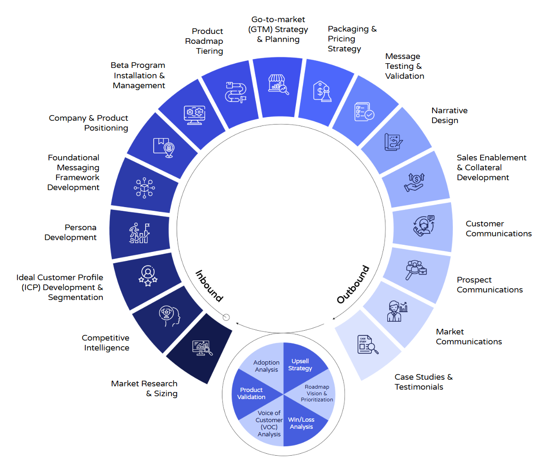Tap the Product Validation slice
click(252, 393)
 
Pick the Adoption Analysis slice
click(267, 366)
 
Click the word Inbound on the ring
click(209, 285)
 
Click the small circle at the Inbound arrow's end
click(226, 317)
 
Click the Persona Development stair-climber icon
click(139, 233)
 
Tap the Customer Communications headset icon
click(424, 225)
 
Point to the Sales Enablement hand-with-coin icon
click(414, 183)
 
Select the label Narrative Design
click(449, 116)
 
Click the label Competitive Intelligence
click(106, 343)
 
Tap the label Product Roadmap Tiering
click(204, 41)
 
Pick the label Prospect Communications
click(490, 285)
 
